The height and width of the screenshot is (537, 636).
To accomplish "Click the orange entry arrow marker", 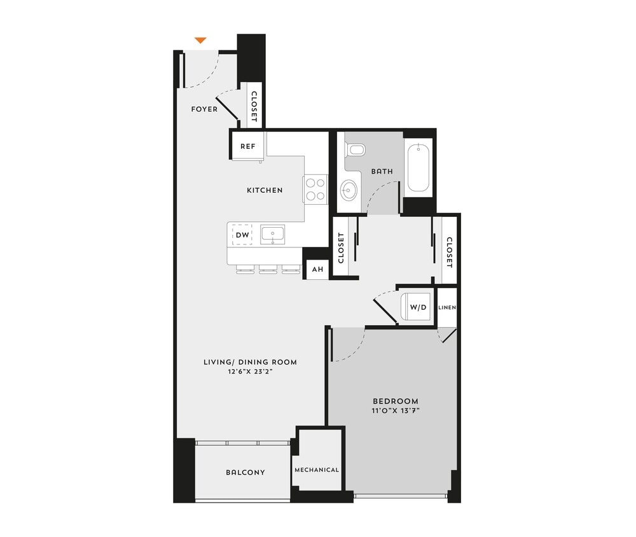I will pyautogui.click(x=200, y=41).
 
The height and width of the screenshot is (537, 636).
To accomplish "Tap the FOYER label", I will pyautogui.click(x=204, y=109).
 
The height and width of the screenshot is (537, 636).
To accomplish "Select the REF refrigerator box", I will pyautogui.click(x=247, y=146).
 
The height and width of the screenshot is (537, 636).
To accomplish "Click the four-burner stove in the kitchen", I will pyautogui.click(x=315, y=188).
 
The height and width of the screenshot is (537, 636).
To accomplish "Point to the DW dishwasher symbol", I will pyautogui.click(x=242, y=235).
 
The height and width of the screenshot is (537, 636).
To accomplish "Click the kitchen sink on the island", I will pyautogui.click(x=273, y=234).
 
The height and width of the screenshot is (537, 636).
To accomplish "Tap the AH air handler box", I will pyautogui.click(x=317, y=270).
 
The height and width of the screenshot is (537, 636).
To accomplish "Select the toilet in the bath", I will pyautogui.click(x=356, y=150).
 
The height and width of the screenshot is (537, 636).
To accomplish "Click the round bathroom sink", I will pyautogui.click(x=349, y=190).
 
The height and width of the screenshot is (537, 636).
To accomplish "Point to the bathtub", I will pyautogui.click(x=419, y=168).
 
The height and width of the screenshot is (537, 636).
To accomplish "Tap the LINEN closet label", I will pyautogui.click(x=447, y=308).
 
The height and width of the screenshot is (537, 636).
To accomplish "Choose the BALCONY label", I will pyautogui.click(x=245, y=473).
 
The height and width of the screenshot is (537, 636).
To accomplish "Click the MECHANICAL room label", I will pyautogui.click(x=317, y=470).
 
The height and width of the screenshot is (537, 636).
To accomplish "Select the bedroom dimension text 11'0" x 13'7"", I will pyautogui.click(x=396, y=411).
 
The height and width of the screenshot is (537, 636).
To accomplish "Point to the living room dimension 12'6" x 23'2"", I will pyautogui.click(x=250, y=372).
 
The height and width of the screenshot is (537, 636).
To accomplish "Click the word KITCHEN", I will pyautogui.click(x=265, y=190).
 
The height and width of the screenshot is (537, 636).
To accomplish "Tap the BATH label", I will pyautogui.click(x=382, y=172).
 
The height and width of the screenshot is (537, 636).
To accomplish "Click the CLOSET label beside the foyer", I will pyautogui.click(x=254, y=106).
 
